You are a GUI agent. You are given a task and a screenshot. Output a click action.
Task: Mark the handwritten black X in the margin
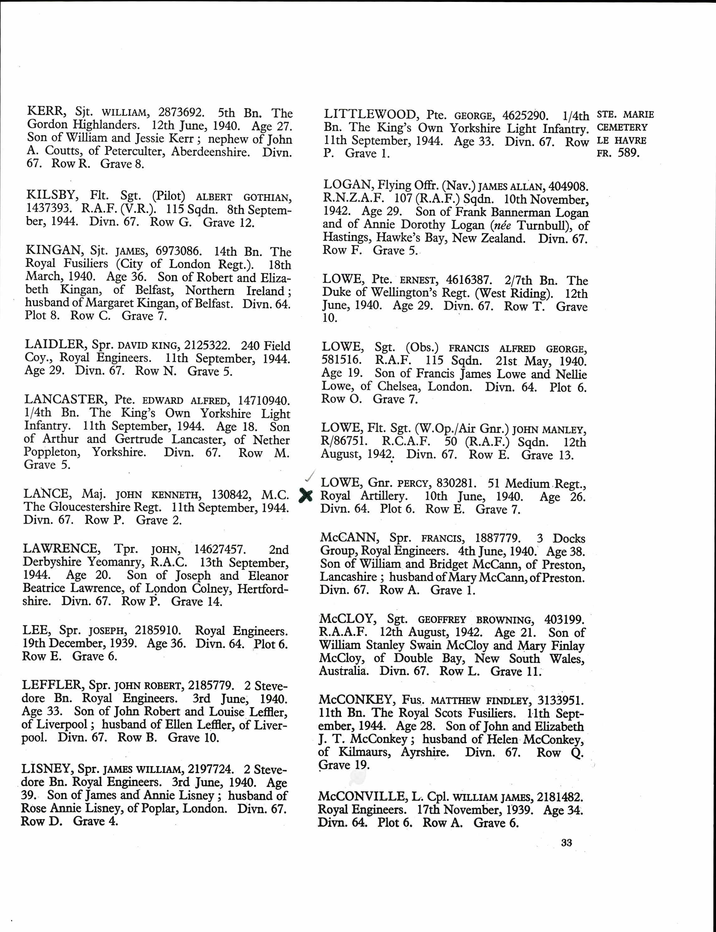pyautogui.click(x=305, y=495)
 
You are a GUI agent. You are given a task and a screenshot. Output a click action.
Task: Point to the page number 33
pyautogui.click(x=566, y=843)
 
